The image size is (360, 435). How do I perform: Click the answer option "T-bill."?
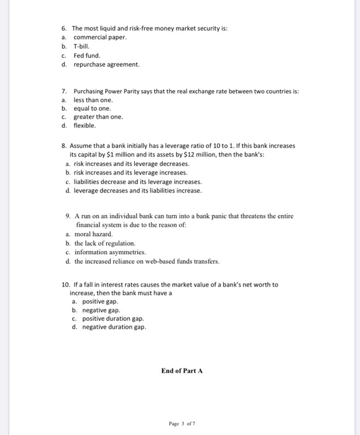click(x=82, y=46)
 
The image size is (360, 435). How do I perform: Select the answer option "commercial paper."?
click(x=99, y=37)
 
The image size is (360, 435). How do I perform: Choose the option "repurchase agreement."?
click(x=106, y=64)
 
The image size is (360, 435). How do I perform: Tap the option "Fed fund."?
click(x=86, y=55)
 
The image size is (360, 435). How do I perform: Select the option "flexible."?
click(x=85, y=126)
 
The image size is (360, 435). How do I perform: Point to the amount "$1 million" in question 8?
click(x=134, y=154)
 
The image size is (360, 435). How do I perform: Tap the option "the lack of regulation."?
click(x=104, y=244)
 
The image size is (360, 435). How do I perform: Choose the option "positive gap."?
click(x=101, y=301)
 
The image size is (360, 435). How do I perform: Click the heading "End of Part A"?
click(x=182, y=370)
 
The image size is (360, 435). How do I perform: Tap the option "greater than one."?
click(x=98, y=117)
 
